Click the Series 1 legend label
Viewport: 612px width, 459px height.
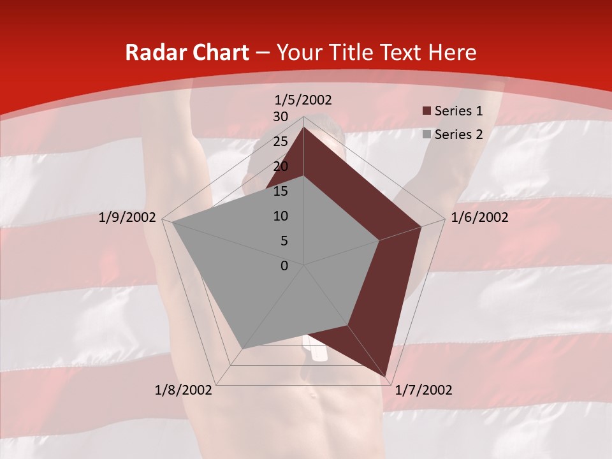point(458,111)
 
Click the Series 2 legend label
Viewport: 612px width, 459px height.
point(458,134)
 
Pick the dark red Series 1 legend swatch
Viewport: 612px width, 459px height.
point(427,112)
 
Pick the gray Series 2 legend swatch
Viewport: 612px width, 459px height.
point(427,135)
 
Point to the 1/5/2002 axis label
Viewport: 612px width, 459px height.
point(303,99)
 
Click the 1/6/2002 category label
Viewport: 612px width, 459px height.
point(479,217)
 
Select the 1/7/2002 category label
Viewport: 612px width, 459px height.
point(423,390)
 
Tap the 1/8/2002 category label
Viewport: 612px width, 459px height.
point(184,390)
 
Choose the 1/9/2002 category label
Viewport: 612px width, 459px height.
point(127,217)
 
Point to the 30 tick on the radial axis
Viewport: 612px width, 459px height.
point(280,117)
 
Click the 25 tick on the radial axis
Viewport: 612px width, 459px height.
point(280,142)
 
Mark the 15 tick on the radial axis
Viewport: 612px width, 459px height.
point(280,191)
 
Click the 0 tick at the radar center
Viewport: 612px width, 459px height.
point(284,266)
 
